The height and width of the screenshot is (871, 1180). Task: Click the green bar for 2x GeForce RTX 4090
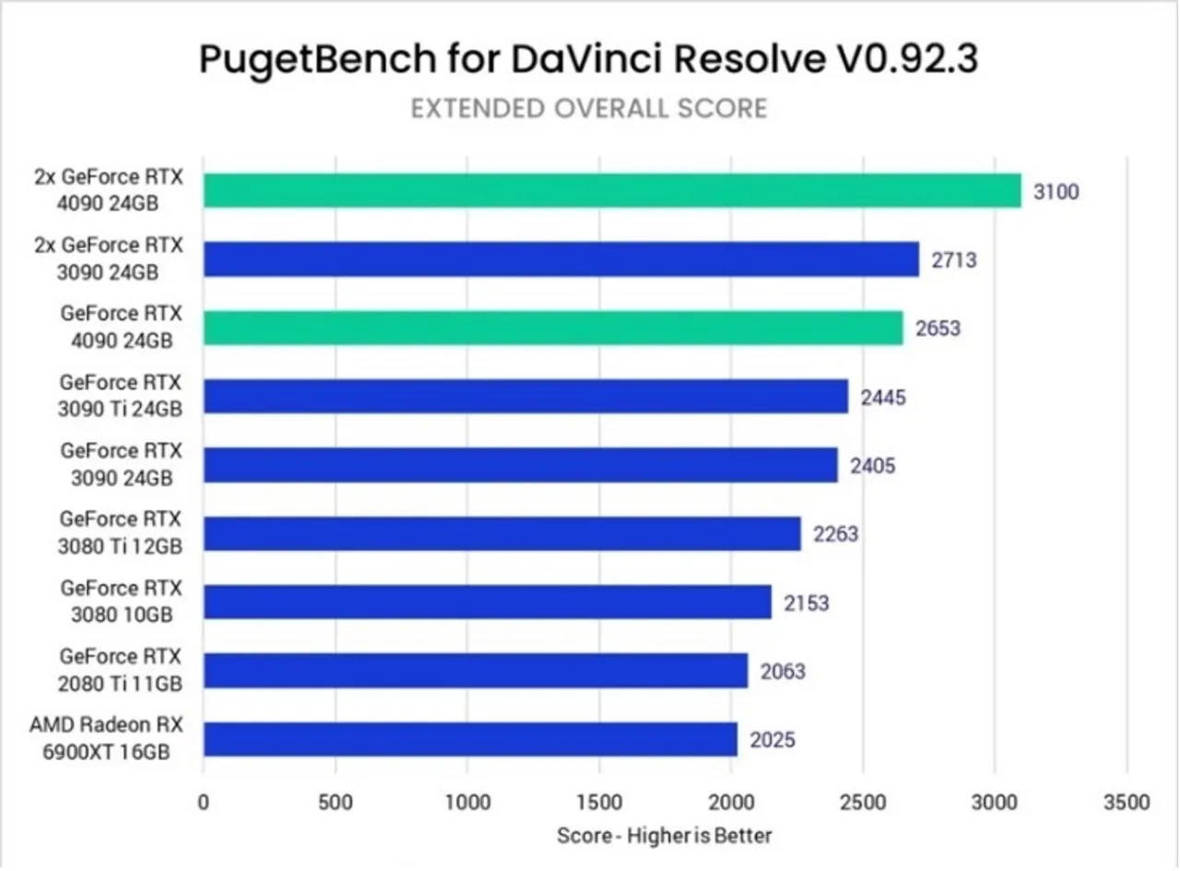(x=611, y=191)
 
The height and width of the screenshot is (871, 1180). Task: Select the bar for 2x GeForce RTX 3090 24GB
(x=560, y=259)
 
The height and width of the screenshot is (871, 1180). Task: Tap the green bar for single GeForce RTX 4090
(x=553, y=328)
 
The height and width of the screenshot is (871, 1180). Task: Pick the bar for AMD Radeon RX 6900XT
(x=470, y=739)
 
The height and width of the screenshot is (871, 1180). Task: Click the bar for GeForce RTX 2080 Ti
(x=475, y=671)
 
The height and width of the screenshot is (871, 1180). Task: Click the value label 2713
(x=953, y=260)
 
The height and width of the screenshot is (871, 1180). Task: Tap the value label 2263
(x=835, y=533)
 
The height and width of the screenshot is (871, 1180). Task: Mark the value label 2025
(x=773, y=739)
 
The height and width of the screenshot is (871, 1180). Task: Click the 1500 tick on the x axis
(x=599, y=800)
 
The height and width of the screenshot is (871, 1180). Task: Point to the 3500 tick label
(x=1127, y=800)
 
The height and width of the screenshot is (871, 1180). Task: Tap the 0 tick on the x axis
(x=203, y=800)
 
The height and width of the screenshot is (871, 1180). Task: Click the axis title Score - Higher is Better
(x=664, y=836)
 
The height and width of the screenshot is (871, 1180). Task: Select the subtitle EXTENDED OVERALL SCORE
(x=588, y=109)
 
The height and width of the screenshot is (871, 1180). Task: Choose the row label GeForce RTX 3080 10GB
(x=121, y=601)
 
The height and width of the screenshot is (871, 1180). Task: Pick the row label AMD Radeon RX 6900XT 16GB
(x=106, y=738)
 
